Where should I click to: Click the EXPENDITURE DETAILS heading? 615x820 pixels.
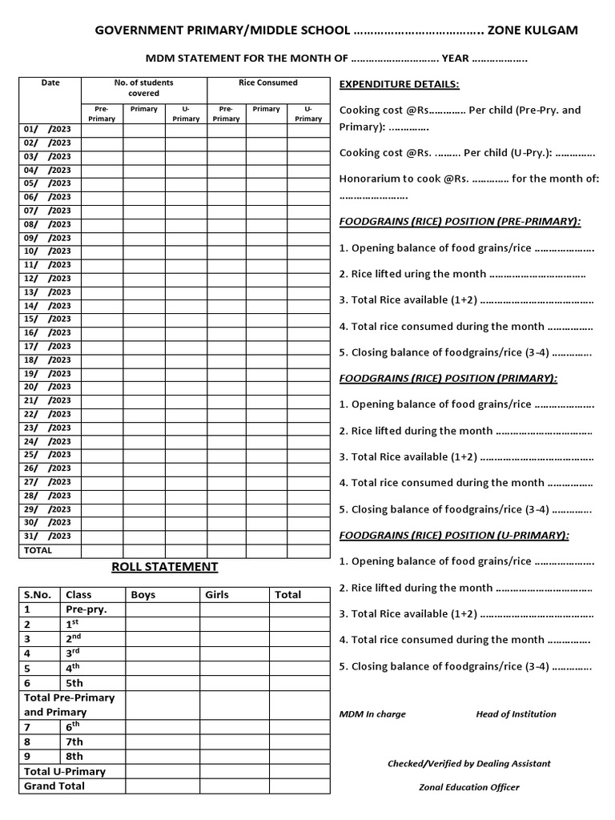click(399, 84)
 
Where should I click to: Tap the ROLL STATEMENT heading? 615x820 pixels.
click(164, 567)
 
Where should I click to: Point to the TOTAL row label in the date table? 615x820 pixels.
click(38, 550)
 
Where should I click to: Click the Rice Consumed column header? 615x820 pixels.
click(267, 82)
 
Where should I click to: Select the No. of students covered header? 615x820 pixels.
click(143, 87)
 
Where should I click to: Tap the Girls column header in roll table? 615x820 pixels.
click(217, 594)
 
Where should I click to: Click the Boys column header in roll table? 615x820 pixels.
click(143, 594)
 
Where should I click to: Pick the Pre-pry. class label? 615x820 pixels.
click(86, 609)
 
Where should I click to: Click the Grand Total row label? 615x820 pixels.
click(54, 786)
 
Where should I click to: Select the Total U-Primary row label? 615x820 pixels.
click(65, 771)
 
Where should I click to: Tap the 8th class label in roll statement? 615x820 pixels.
click(74, 756)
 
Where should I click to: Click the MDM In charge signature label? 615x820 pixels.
click(372, 714)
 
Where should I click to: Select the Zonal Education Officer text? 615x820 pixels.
click(468, 787)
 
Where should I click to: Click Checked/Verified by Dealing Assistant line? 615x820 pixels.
click(468, 763)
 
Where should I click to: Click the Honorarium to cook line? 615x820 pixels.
click(468, 179)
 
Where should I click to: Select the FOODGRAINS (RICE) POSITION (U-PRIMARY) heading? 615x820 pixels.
click(454, 535)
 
